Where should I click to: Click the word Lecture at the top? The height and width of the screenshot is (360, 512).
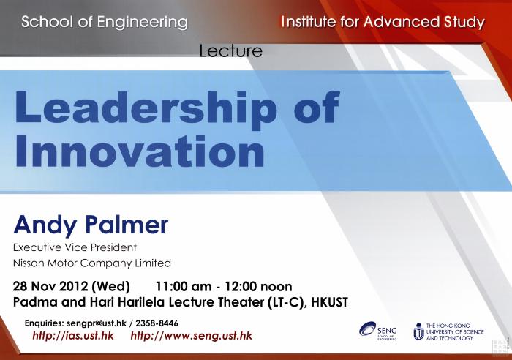tap(231, 51)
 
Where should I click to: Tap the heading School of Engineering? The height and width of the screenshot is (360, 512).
tap(105, 22)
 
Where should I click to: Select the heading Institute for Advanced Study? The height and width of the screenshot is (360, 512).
tap(383, 22)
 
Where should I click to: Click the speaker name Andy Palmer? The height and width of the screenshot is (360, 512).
tap(91, 225)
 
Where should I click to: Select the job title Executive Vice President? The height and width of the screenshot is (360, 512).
tap(75, 247)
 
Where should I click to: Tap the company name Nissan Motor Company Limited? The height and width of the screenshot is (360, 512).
tap(92, 263)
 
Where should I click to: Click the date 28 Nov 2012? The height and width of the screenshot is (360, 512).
tap(50, 287)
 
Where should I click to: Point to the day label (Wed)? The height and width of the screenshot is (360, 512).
tap(110, 287)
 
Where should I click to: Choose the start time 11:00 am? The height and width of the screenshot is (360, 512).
tap(184, 287)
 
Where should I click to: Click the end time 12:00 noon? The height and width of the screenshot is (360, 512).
tap(258, 287)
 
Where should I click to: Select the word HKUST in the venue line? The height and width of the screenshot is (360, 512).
tap(329, 302)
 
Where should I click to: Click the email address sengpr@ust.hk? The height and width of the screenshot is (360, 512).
tap(97, 323)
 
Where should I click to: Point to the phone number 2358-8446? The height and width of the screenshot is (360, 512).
tap(157, 323)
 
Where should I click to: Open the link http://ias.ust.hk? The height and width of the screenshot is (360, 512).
tap(73, 336)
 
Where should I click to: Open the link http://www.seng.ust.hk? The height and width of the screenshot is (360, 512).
tap(192, 336)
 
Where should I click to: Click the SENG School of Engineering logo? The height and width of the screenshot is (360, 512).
tap(378, 331)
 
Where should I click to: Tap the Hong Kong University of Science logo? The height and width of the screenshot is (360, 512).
tap(448, 331)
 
